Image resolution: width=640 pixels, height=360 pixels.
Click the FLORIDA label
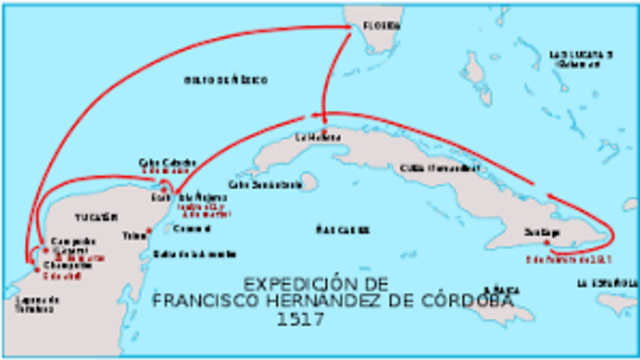(381, 24)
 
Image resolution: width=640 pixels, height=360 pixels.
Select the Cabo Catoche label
(159, 163)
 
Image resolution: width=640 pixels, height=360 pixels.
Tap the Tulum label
(133, 236)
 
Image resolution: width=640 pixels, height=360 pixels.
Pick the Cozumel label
(173, 229)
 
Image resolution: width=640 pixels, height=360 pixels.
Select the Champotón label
(63, 266)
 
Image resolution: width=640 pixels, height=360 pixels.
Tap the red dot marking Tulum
(148, 231)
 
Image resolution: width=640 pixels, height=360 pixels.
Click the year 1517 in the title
(300, 319)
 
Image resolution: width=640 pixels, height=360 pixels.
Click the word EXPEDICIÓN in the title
(301, 284)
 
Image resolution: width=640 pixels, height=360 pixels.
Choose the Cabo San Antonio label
(265, 184)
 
